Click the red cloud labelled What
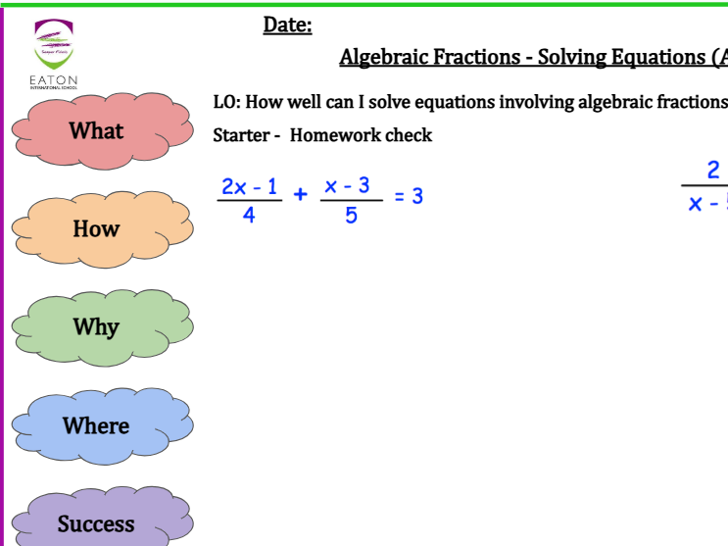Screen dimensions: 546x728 point(97,130)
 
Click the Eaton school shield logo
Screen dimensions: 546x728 point(53,44)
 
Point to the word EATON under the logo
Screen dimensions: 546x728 point(53,79)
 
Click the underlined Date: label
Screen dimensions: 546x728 point(287,25)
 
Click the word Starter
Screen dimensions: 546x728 point(240,135)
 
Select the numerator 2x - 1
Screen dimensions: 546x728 point(249,185)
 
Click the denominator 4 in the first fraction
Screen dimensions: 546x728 point(249,215)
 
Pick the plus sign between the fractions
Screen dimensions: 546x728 point(301,195)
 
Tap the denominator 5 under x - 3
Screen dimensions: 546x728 point(351,215)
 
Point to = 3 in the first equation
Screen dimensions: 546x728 point(409,196)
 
